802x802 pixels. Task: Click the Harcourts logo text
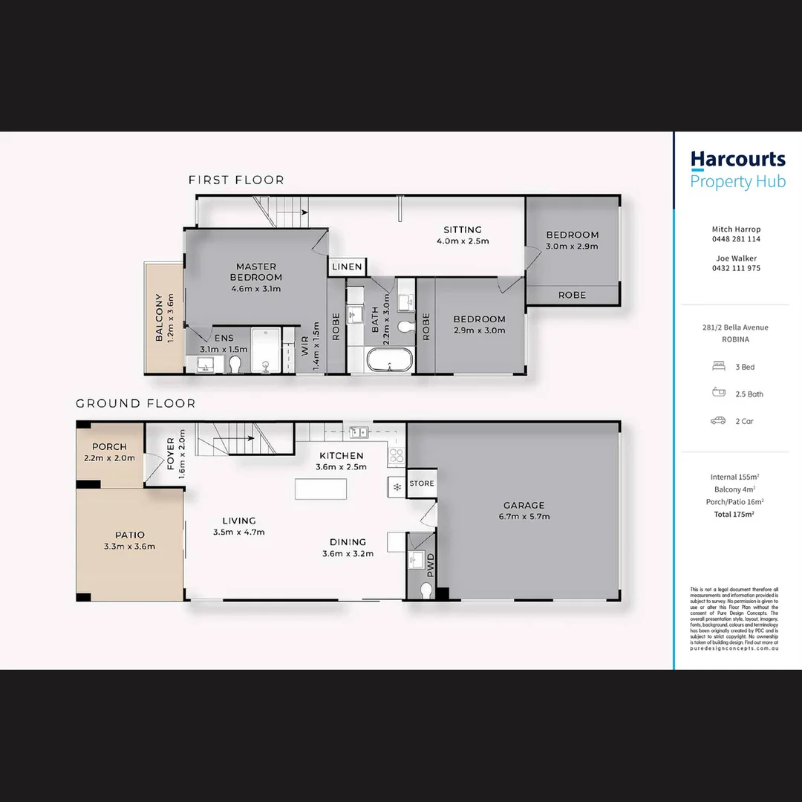click(737, 160)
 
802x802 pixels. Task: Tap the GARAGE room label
click(525, 505)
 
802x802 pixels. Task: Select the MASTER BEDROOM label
click(256, 272)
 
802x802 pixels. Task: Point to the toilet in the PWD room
click(426, 590)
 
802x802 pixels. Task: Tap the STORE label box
click(421, 483)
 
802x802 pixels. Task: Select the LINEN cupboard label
click(347, 267)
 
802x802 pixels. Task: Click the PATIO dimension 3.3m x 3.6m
click(130, 547)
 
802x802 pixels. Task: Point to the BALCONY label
click(159, 318)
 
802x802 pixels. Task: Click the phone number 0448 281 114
click(736, 239)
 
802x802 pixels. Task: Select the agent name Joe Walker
click(736, 258)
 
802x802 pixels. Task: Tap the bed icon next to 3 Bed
click(718, 367)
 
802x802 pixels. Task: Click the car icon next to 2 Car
click(718, 421)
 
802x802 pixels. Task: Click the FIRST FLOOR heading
click(236, 180)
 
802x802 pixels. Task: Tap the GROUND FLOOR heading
click(136, 403)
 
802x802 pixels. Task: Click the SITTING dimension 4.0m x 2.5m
click(463, 241)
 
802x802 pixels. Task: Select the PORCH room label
click(109, 447)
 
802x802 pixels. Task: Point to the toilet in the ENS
click(235, 364)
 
